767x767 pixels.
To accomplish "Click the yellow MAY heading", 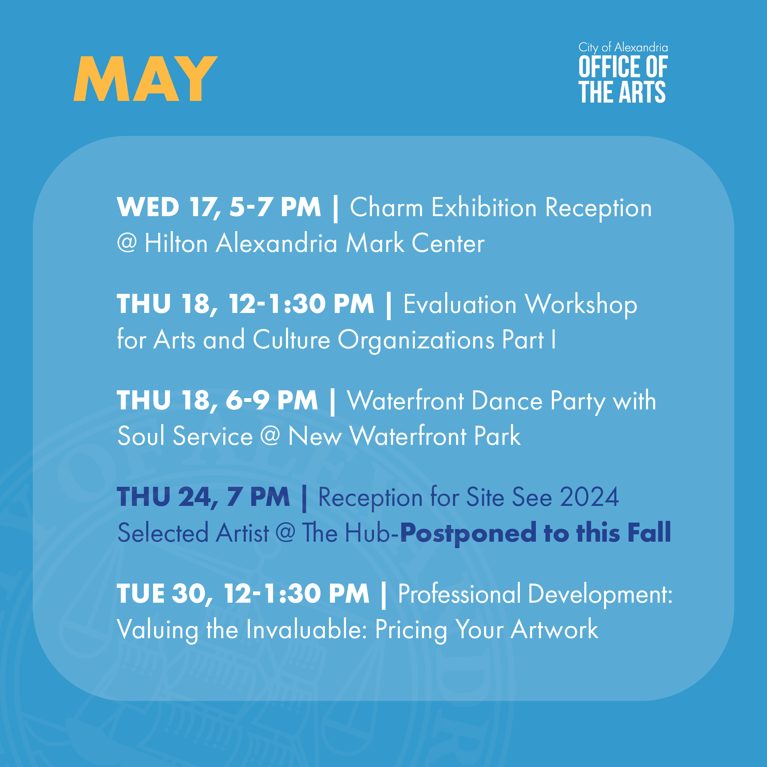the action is pyautogui.click(x=145, y=79).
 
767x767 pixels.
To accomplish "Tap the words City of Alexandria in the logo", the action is pyautogui.click(x=623, y=48).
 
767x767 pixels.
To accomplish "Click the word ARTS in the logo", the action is pyautogui.click(x=642, y=92).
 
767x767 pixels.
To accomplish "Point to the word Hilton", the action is pyautogui.click(x=176, y=243).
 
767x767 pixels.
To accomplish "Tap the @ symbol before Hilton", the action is pyautogui.click(x=127, y=243).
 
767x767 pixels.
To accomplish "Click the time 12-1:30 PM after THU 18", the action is pyautogui.click(x=301, y=304).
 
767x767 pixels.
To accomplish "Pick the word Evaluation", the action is pyautogui.click(x=460, y=304).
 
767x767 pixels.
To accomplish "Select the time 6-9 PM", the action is pyautogui.click(x=272, y=400).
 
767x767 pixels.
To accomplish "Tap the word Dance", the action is pyautogui.click(x=507, y=401).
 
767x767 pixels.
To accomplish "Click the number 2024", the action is pyautogui.click(x=589, y=497).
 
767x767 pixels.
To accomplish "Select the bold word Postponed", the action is pyautogui.click(x=468, y=533).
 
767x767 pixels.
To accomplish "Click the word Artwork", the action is pyautogui.click(x=554, y=629).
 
